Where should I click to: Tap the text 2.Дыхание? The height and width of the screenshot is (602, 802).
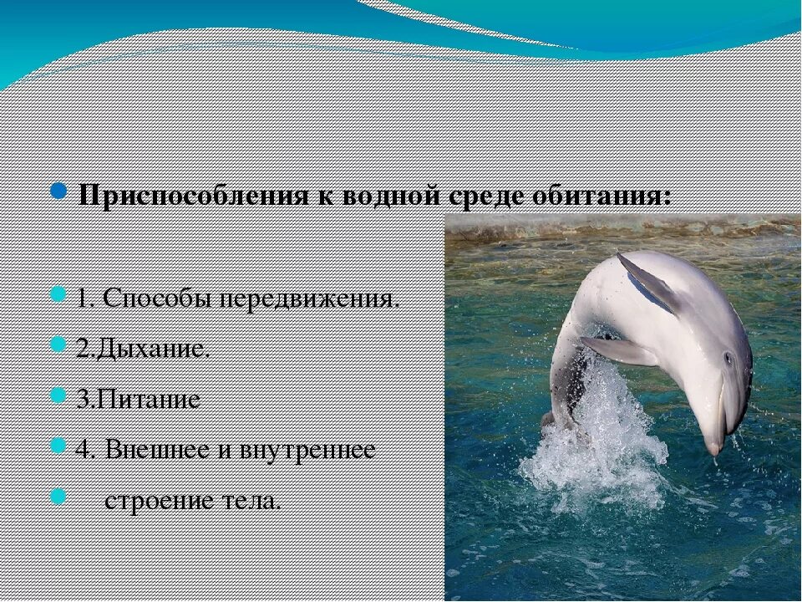coord(143,349)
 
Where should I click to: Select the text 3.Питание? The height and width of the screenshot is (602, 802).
coord(139,399)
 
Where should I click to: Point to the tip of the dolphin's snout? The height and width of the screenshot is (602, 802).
coord(713,450)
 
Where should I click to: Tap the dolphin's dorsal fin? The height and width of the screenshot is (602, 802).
coord(647,282)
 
